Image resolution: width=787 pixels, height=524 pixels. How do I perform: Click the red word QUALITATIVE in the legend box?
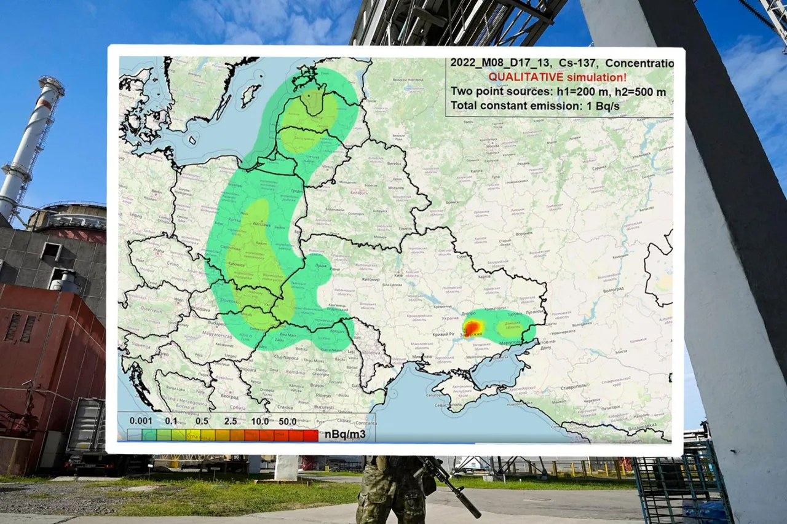click(522, 77)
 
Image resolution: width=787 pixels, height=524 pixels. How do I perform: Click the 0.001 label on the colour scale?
click(141, 421)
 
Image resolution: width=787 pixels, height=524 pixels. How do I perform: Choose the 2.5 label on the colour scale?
click(231, 421)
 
